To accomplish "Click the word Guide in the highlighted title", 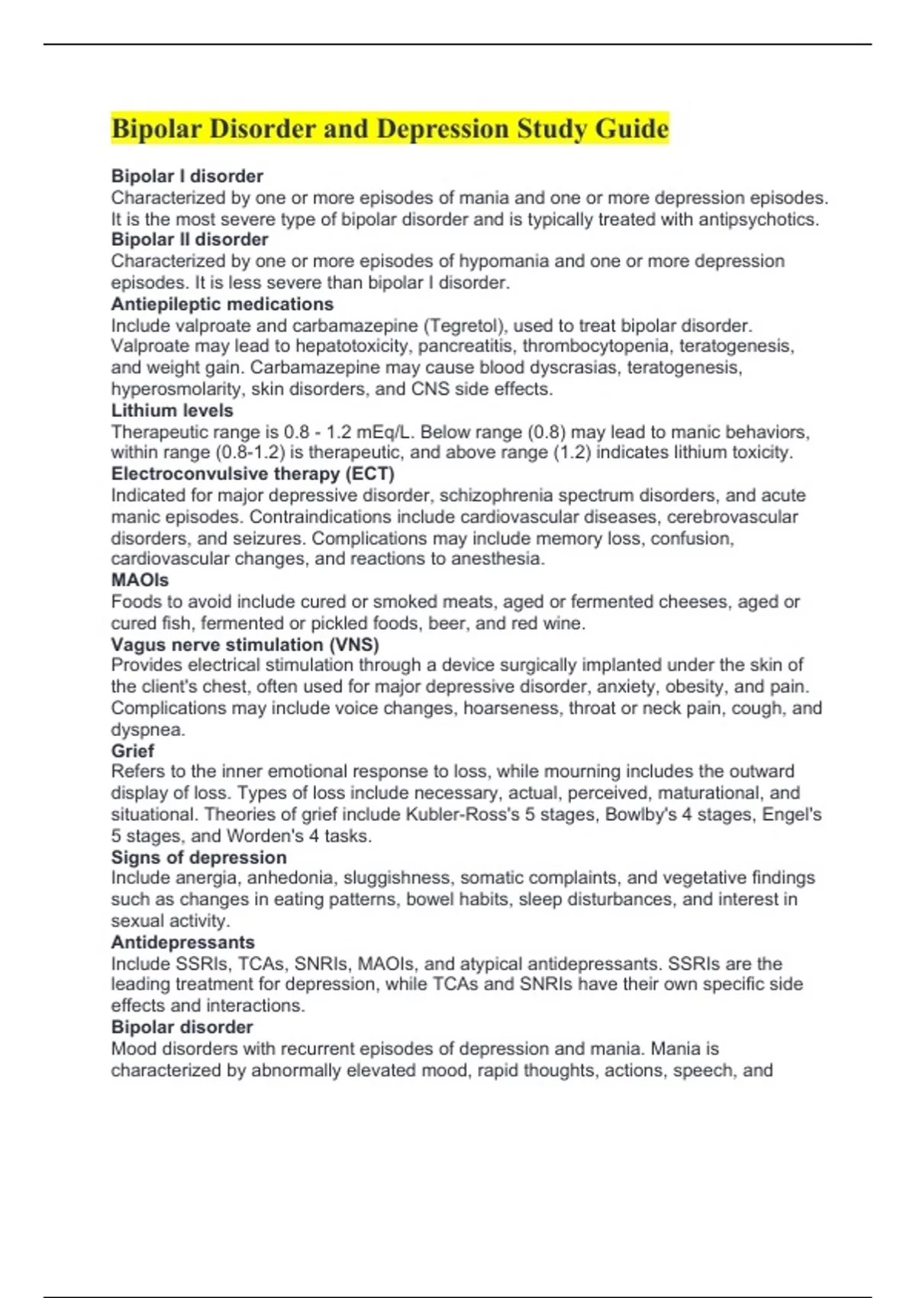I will point(632,128).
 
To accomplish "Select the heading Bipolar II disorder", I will point(189,240).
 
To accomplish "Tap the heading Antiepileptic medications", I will point(222,304).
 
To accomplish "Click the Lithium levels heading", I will point(172,410).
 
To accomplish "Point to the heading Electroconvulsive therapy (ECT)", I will point(253,473).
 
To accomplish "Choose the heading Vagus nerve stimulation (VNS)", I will point(245,644).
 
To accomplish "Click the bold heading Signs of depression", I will point(198,857).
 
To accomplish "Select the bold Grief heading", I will point(133,751).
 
